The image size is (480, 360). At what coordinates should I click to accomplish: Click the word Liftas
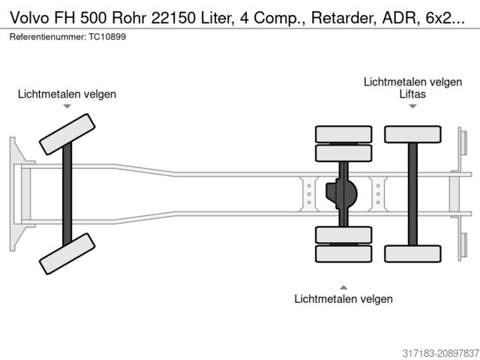pos(412,94)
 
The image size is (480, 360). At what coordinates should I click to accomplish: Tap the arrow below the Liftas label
pos(412,106)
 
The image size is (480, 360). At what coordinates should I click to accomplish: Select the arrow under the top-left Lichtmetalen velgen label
pos(67,106)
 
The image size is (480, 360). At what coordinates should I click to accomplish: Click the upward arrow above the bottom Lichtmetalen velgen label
pos(343,286)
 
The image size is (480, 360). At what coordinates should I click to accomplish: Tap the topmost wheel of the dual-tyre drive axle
pos(343,134)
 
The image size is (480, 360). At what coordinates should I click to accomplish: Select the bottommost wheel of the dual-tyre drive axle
pos(343,253)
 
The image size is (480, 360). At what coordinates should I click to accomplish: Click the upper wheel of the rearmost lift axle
pos(412,134)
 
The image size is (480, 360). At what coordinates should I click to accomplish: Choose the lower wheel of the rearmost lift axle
pos(412,253)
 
